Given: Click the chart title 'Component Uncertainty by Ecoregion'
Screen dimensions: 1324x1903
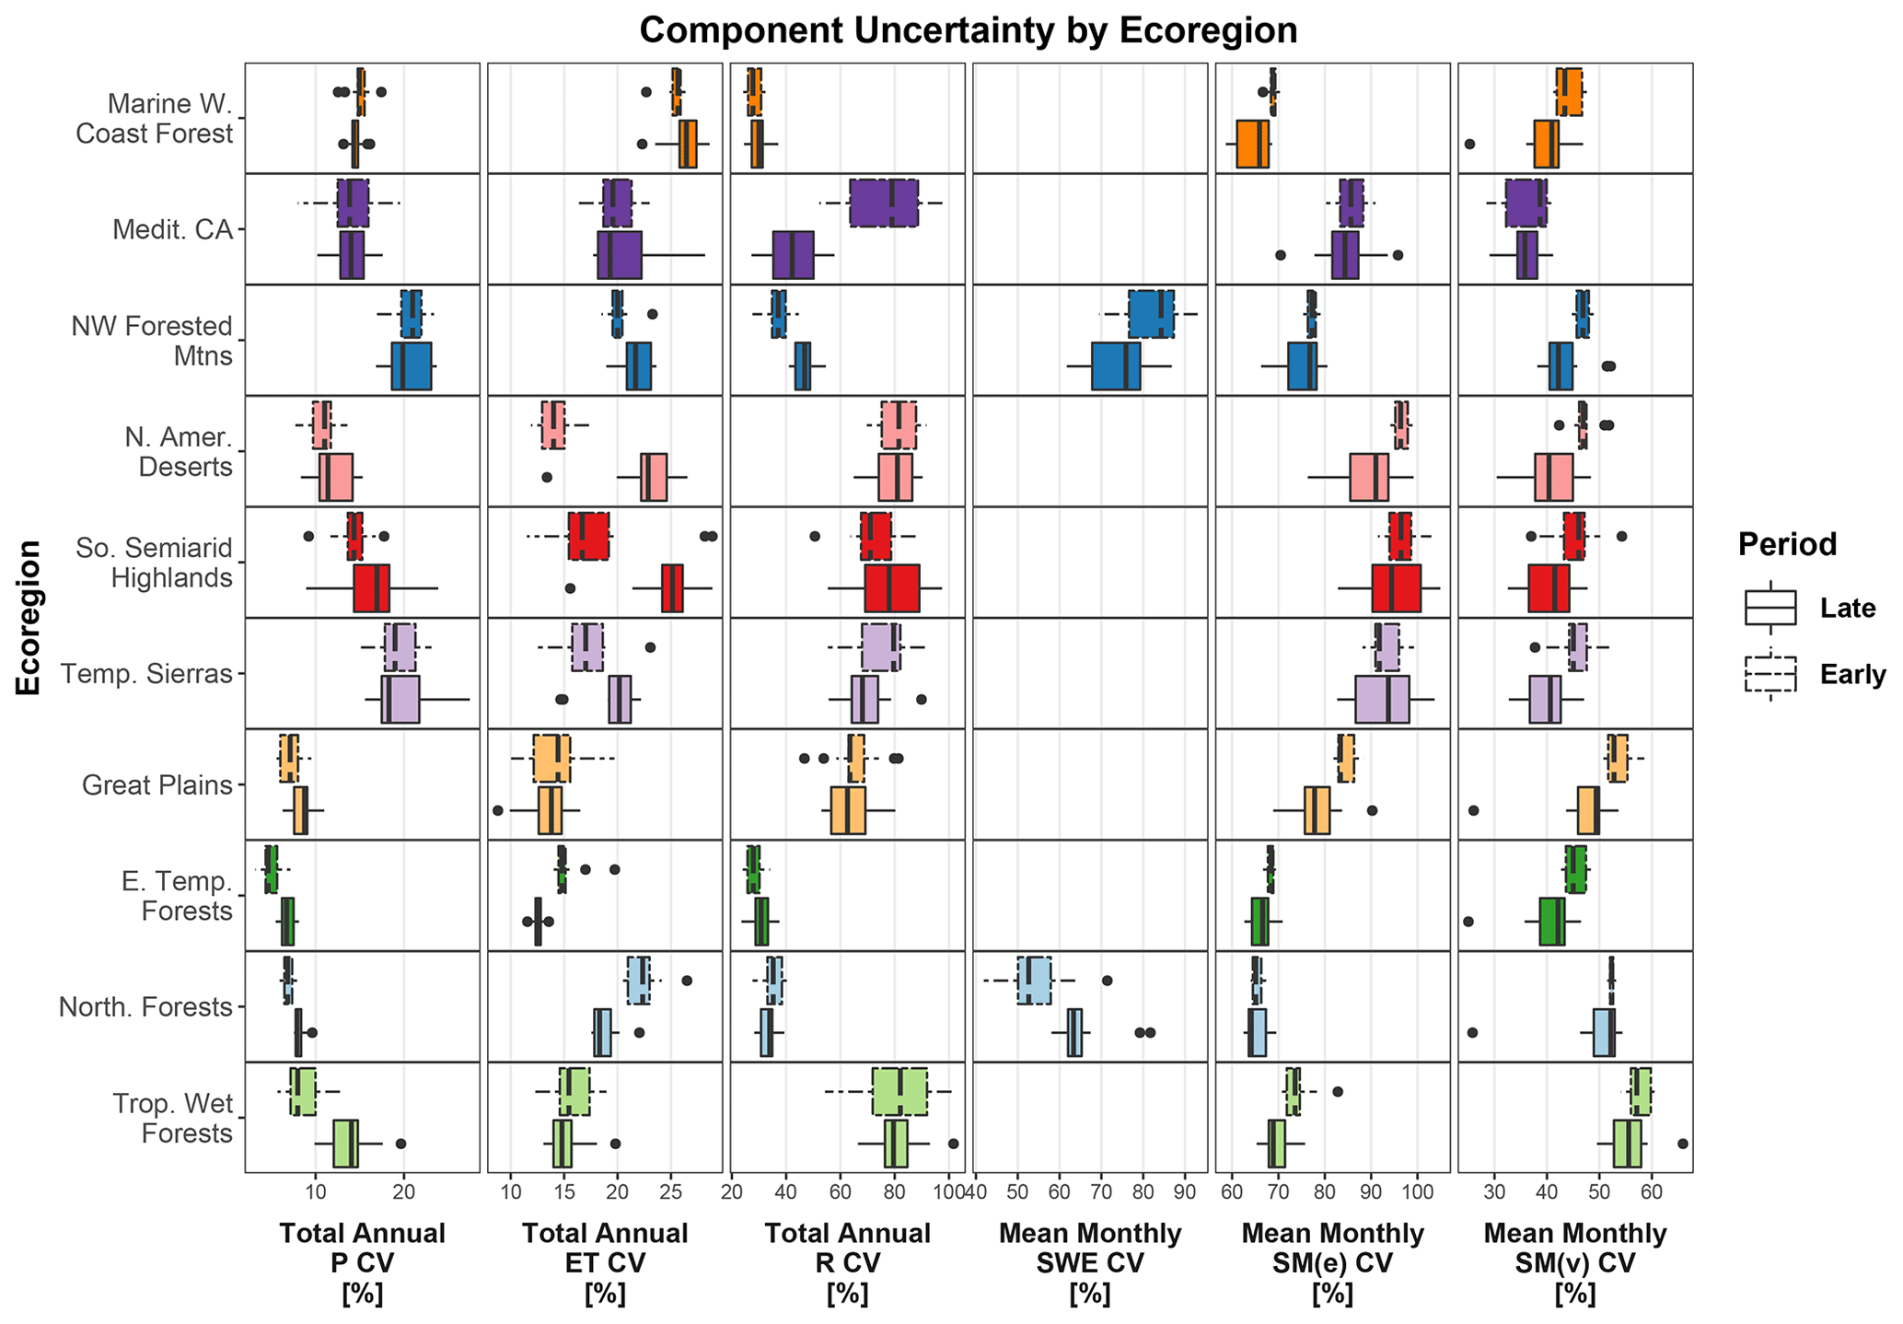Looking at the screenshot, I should [968, 30].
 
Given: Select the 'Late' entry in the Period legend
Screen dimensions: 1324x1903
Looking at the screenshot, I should [1847, 608].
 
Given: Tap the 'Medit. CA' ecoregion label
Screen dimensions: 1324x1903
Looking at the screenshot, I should [172, 229].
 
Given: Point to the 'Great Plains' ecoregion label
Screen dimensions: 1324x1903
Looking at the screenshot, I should [157, 785].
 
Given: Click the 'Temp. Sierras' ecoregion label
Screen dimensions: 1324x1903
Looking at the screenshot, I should [145, 674].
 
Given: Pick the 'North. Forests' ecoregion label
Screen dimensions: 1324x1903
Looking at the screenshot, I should [145, 1007].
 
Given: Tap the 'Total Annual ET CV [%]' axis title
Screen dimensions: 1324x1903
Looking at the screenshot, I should [604, 1263].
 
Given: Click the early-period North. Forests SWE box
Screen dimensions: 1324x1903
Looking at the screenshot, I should [1034, 981].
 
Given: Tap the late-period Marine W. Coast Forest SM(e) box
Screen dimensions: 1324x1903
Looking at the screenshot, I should [1252, 144].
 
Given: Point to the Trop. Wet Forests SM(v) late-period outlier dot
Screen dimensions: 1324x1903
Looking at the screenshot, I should [1683, 1144].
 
